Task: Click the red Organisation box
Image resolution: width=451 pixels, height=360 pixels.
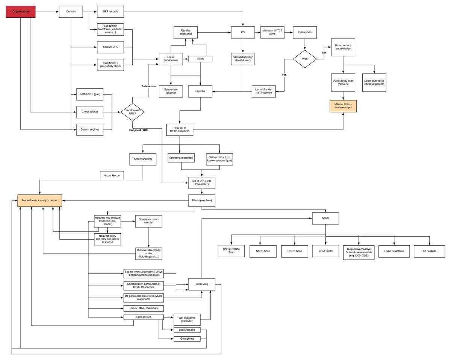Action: click(x=20, y=12)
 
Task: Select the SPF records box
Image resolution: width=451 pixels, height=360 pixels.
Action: click(x=110, y=12)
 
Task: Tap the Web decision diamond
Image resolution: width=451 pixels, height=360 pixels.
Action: click(x=305, y=59)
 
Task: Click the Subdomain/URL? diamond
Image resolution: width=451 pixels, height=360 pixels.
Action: click(x=132, y=112)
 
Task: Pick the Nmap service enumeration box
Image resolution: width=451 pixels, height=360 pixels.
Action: click(x=343, y=47)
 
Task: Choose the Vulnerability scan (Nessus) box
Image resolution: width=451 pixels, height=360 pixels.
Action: click(x=343, y=82)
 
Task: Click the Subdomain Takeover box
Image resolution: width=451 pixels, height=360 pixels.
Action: click(x=171, y=91)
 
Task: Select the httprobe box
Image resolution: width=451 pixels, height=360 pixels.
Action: click(x=200, y=91)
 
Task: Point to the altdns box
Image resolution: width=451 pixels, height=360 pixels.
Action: click(x=200, y=59)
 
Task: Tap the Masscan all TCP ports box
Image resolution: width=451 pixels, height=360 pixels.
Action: click(x=272, y=32)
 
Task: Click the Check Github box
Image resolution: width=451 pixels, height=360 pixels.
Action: click(x=90, y=112)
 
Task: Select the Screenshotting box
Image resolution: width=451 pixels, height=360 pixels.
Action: click(x=143, y=159)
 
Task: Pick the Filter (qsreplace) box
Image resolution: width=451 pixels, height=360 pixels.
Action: click(x=202, y=201)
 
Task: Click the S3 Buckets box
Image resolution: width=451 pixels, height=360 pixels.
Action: click(x=429, y=251)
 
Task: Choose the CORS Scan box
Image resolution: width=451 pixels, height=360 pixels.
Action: click(x=294, y=251)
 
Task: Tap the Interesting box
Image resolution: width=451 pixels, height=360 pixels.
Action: click(x=202, y=284)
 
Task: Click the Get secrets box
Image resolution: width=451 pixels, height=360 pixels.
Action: click(x=187, y=339)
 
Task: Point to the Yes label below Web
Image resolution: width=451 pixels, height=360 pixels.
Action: click(x=284, y=75)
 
